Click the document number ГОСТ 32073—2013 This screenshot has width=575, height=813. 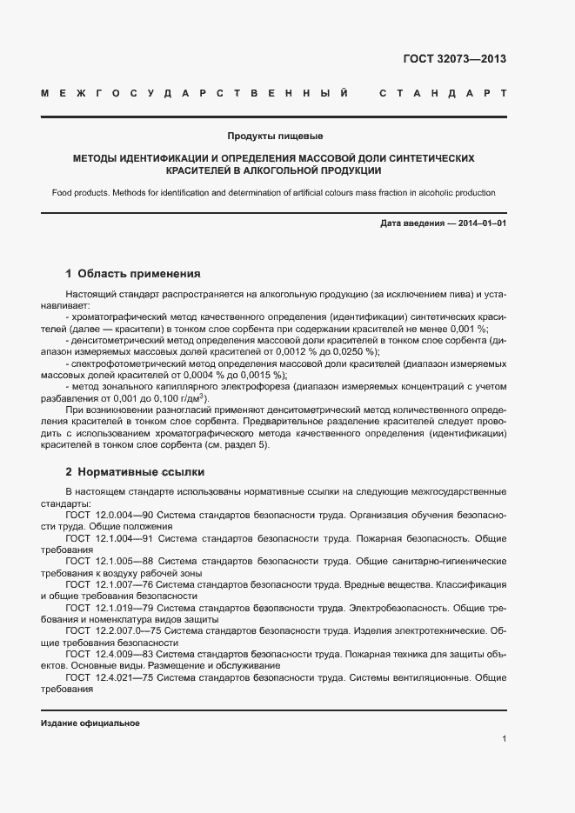[x=454, y=60]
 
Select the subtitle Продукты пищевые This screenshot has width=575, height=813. [x=275, y=137]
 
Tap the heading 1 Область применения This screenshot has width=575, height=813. [x=133, y=273]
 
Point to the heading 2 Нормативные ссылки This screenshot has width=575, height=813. [x=135, y=472]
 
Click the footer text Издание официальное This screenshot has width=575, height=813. [x=90, y=723]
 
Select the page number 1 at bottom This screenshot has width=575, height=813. [x=505, y=739]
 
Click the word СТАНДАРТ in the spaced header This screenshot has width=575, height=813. [x=443, y=92]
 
